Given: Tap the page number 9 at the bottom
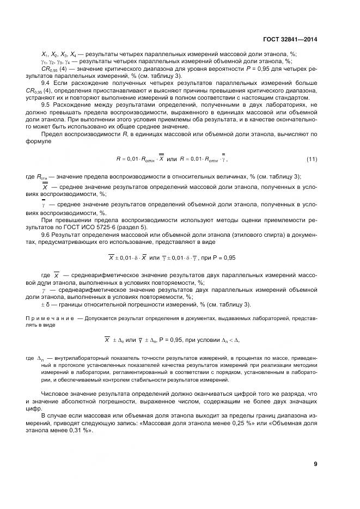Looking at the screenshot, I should point(315,464).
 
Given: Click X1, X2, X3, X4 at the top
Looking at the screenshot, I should point(59,54).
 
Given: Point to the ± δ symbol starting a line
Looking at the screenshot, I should point(47,304).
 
